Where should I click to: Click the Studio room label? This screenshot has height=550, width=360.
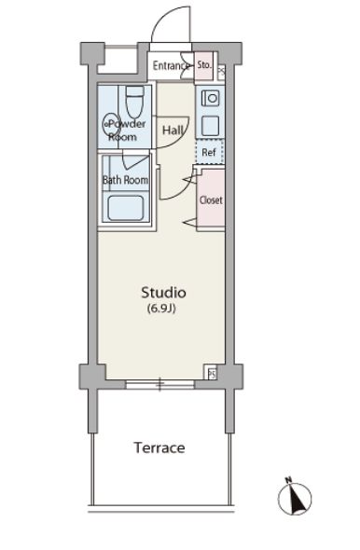tap(163, 293)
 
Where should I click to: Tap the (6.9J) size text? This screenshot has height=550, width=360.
tap(161, 309)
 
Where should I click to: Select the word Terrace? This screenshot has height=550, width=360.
tap(159, 447)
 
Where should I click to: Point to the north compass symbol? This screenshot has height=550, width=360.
tap(295, 498)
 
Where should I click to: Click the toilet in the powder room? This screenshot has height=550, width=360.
tap(134, 102)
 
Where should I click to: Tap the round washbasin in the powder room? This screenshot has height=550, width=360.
tap(111, 124)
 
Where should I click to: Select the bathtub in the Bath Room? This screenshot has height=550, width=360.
tap(125, 208)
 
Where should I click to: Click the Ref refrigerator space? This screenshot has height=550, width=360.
tap(210, 152)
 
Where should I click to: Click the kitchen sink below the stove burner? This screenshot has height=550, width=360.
tap(211, 125)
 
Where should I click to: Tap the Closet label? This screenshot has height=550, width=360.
tap(211, 199)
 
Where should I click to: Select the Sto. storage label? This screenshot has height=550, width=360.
tap(204, 65)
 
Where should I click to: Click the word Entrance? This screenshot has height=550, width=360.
tap(171, 65)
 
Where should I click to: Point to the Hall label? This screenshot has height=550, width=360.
tap(173, 131)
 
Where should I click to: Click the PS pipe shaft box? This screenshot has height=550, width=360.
tap(212, 374)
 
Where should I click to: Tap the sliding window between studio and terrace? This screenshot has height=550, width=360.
tap(160, 384)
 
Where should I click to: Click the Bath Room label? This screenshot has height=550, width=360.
tap(125, 180)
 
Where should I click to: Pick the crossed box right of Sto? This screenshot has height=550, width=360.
tap(221, 73)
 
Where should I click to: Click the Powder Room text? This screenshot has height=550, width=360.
tap(124, 131)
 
